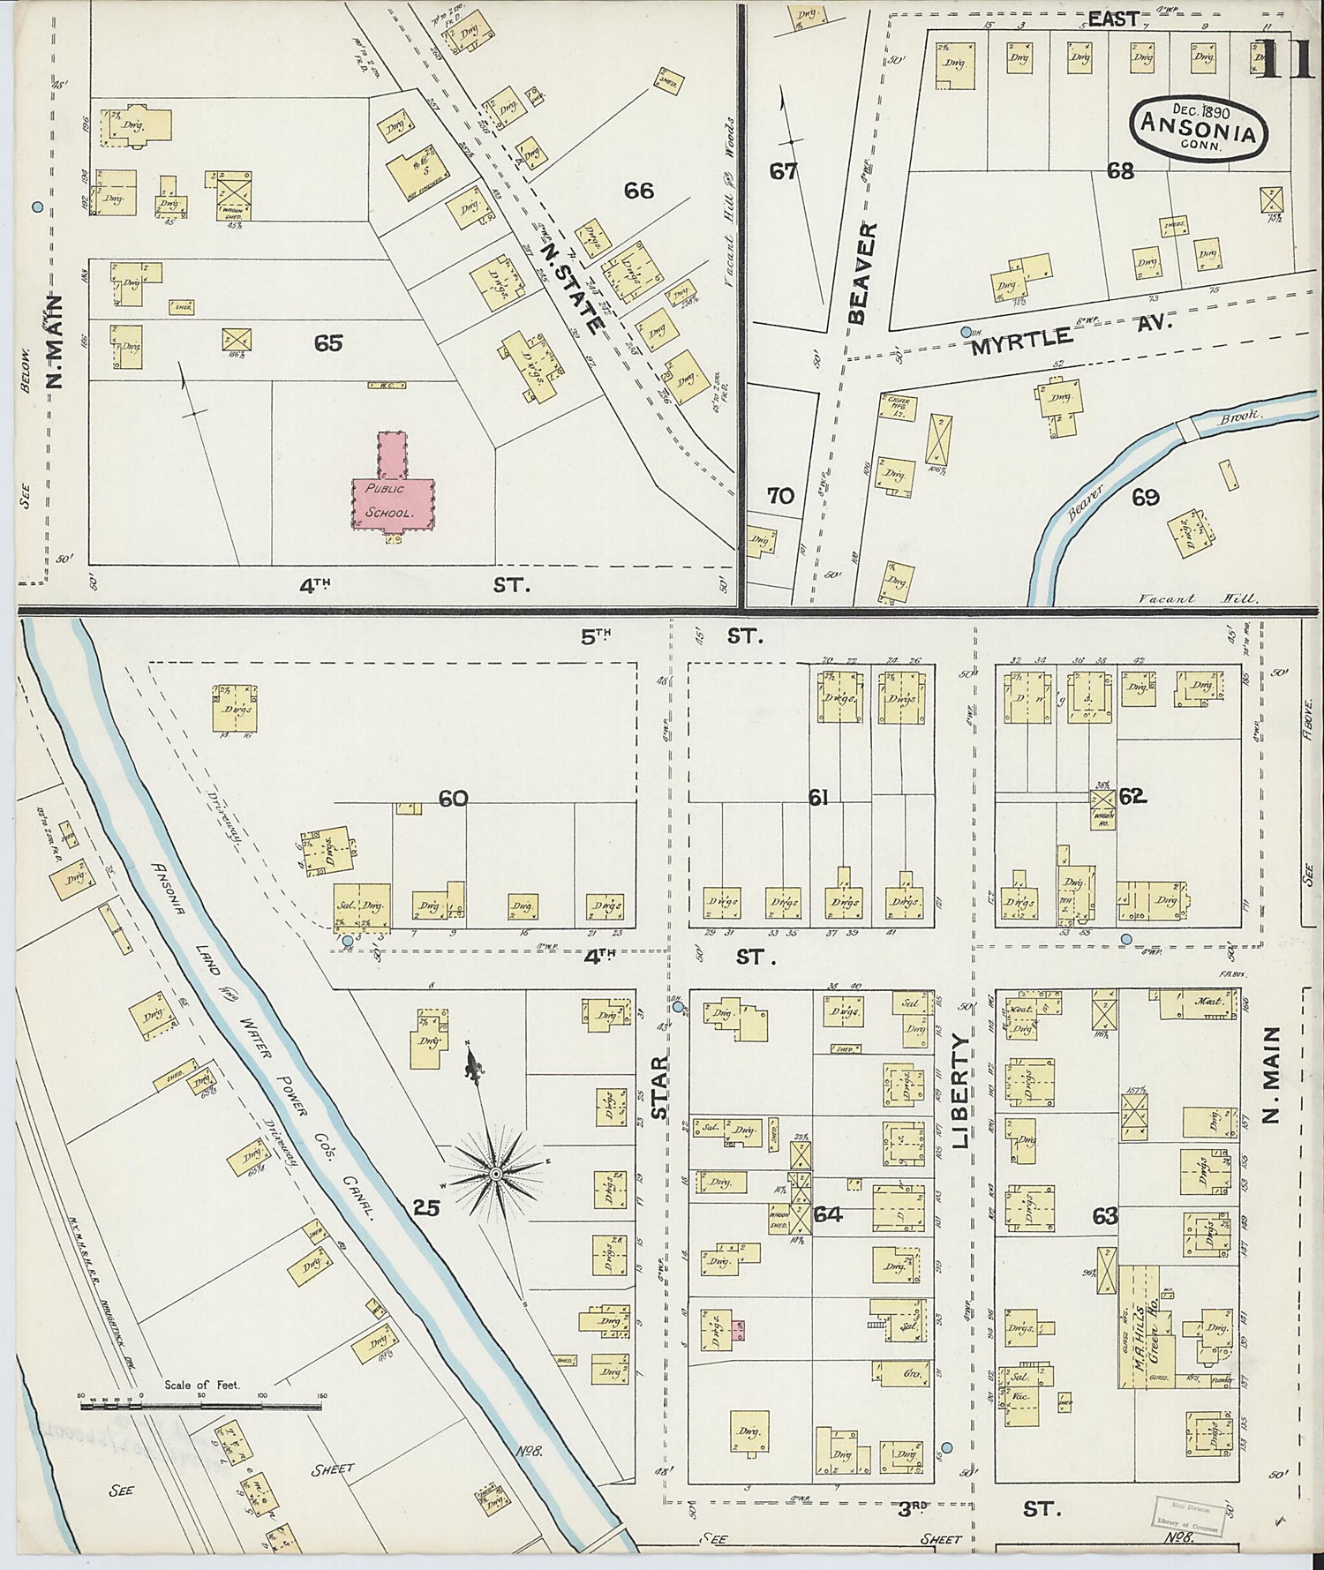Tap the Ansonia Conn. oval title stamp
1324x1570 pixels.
pyautogui.click(x=1199, y=129)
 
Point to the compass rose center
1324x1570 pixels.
pyautogui.click(x=496, y=1174)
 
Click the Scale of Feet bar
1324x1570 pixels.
pyautogui.click(x=201, y=1404)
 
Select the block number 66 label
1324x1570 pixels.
pyautogui.click(x=638, y=190)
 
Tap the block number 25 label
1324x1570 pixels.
pyautogui.click(x=427, y=1207)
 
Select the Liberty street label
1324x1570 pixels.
pyautogui.click(x=960, y=1092)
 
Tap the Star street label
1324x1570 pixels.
pyautogui.click(x=659, y=1088)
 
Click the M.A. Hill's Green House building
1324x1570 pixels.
pyautogui.click(x=1145, y=1326)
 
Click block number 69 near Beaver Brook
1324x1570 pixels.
pyautogui.click(x=1145, y=498)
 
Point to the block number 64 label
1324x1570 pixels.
pyautogui.click(x=827, y=1215)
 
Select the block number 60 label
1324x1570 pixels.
pyautogui.click(x=453, y=799)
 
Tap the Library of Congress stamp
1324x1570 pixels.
pyautogui.click(x=1188, y=1516)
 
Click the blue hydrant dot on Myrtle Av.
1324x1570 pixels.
pyautogui.click(x=967, y=333)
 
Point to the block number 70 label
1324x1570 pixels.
pyautogui.click(x=780, y=496)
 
